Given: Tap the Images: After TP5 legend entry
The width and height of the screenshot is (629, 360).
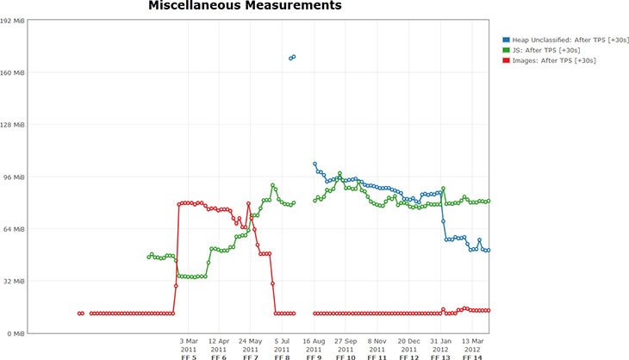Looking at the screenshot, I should (x=552, y=60).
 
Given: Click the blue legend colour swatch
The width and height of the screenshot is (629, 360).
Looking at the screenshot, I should (x=505, y=39).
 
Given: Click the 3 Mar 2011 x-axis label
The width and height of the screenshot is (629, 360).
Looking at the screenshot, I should (x=189, y=345).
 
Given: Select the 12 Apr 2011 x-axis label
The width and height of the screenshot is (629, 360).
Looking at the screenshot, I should (x=219, y=345).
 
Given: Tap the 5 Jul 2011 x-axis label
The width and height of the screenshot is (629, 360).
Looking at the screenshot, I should (x=282, y=345).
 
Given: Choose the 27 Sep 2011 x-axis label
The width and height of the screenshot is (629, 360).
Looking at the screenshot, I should (x=346, y=345).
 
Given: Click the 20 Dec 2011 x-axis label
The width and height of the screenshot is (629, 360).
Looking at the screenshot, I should (x=409, y=345).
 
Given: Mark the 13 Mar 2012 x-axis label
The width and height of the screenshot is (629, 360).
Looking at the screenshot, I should (x=472, y=345).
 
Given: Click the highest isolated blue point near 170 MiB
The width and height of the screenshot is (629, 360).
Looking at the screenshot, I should (x=294, y=57).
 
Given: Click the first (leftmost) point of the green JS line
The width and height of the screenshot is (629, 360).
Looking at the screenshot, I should (x=148, y=257).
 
